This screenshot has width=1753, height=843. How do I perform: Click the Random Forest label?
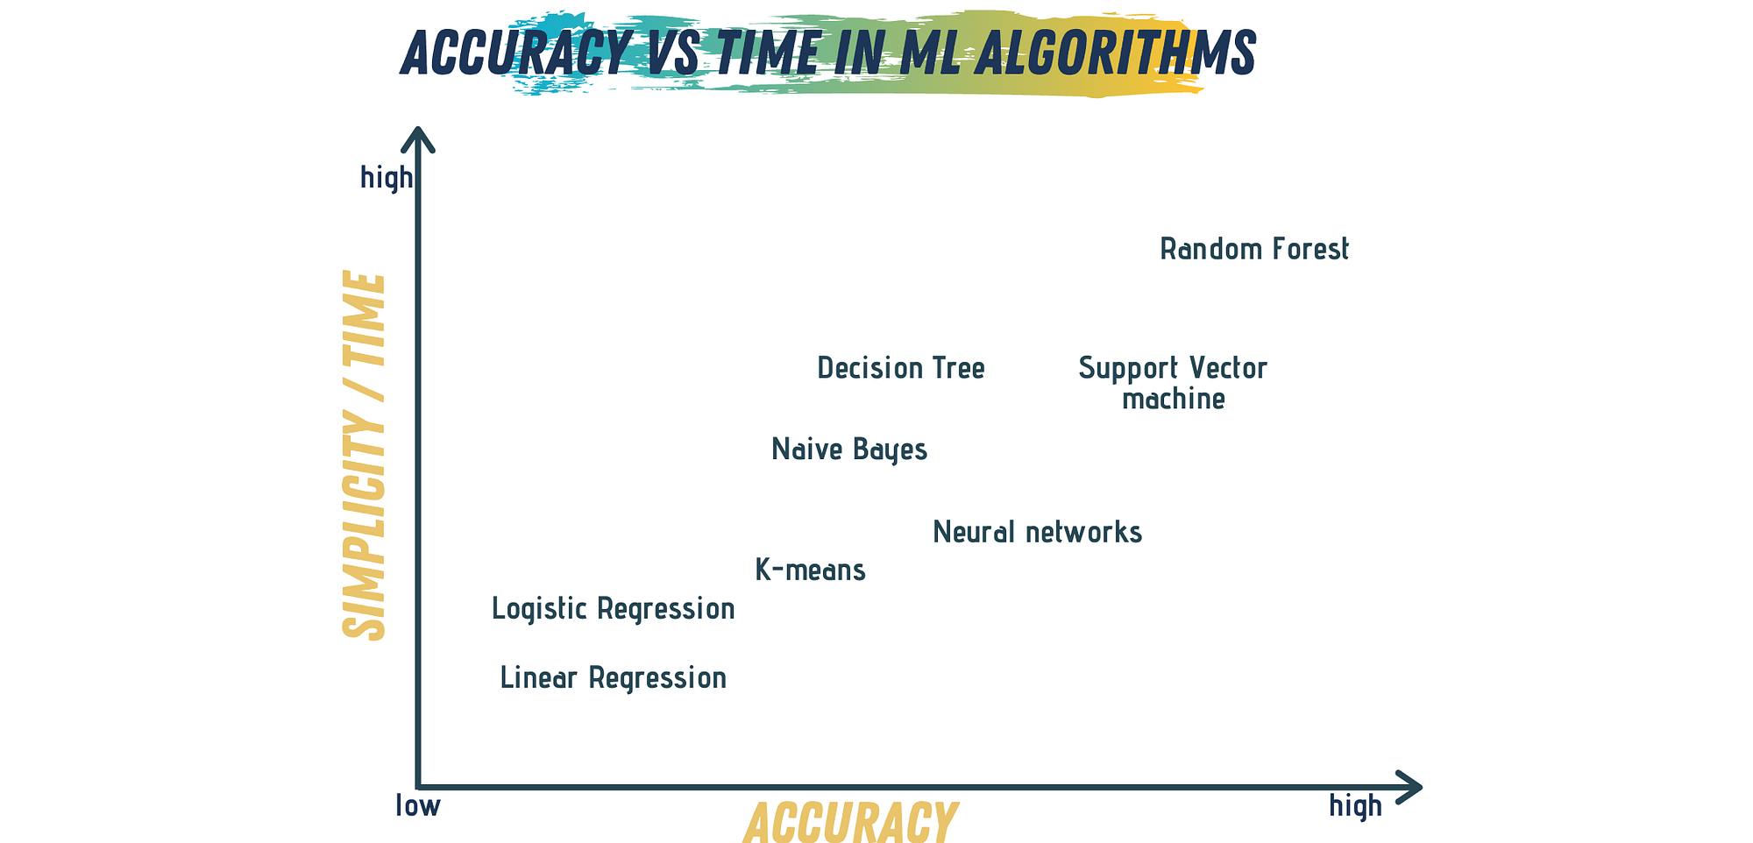coord(1254,250)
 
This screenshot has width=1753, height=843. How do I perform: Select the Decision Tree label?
coord(901,368)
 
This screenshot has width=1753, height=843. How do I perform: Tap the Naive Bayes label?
coord(849,450)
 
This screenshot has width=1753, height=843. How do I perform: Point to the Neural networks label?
coord(1038,532)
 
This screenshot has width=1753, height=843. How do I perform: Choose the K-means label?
coord(811,570)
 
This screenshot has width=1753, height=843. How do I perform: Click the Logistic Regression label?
coord(613,608)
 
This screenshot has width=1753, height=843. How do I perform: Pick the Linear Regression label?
coord(613,678)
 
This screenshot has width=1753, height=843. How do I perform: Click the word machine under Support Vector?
coord(1174,400)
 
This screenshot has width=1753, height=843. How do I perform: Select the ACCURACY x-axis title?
coord(850,823)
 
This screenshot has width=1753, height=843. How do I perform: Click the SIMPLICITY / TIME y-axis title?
coord(363,456)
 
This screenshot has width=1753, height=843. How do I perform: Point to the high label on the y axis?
coord(386,178)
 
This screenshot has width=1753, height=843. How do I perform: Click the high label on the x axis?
coord(1355,805)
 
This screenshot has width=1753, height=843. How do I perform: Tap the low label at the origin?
coord(418,805)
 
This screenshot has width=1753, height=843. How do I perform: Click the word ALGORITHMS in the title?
coord(1115,53)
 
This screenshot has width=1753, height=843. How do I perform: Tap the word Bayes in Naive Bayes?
coord(890,450)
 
